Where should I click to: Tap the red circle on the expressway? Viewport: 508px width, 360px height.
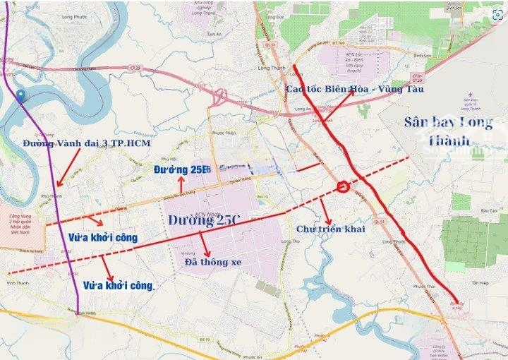tap(344, 187)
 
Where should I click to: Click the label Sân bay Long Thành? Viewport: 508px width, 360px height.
tap(449, 130)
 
